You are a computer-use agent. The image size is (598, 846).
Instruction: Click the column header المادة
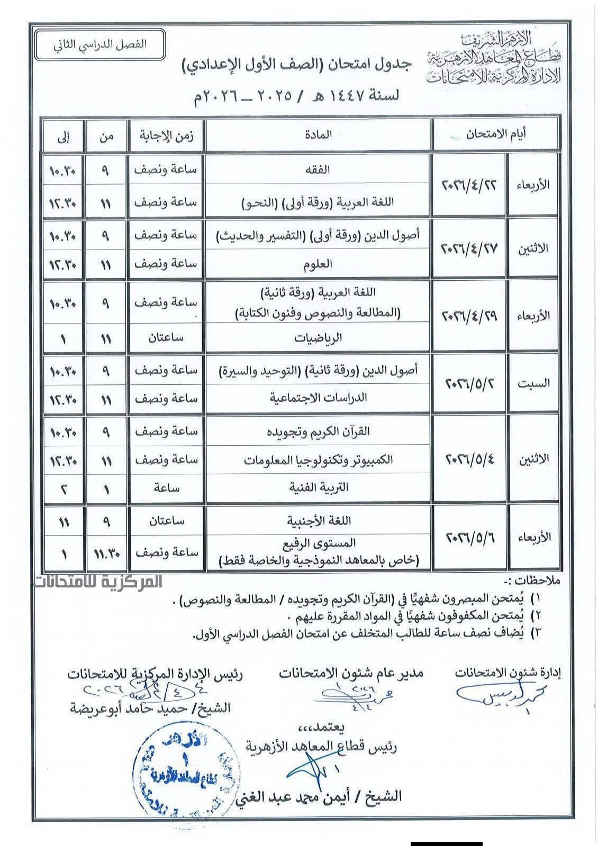(x=318, y=134)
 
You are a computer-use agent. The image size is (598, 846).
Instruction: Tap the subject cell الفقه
(x=318, y=170)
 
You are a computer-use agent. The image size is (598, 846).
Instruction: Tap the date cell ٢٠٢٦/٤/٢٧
(x=469, y=249)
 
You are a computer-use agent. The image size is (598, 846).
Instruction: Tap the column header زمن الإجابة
(x=166, y=134)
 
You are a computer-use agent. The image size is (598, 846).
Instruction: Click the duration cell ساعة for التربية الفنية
(x=166, y=487)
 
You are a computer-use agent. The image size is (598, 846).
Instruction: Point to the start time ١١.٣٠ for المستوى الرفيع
(x=106, y=553)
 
